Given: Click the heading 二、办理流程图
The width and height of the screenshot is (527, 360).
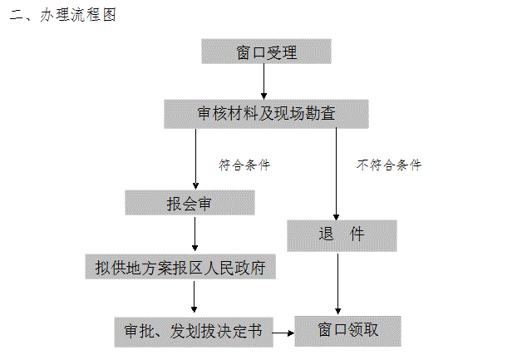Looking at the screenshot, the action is click(63, 15).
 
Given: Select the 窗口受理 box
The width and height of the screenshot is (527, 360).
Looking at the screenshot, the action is click(266, 52).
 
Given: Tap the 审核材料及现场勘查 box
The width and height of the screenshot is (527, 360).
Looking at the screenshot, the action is click(266, 114).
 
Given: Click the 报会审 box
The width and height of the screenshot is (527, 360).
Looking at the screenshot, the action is click(190, 203).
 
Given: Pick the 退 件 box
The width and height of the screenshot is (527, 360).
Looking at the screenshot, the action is click(342, 235).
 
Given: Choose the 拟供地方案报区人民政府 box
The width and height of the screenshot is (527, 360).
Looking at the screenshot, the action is click(180, 267).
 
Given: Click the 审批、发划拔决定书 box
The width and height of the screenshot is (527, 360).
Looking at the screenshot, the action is click(194, 332).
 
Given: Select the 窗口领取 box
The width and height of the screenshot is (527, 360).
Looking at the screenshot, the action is click(347, 331).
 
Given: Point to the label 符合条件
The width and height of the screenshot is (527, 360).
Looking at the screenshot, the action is click(244, 165).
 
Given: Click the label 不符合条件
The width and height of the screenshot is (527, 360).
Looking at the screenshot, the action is click(389, 165).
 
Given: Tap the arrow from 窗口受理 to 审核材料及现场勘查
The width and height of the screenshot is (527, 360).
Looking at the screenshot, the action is click(263, 81).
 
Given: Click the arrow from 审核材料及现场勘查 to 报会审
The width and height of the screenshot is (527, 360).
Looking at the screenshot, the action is click(195, 159).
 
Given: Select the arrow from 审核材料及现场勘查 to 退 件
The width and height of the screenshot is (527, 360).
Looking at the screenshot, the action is click(336, 174).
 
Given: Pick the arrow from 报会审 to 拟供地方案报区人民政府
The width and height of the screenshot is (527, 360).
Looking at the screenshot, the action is click(195, 234).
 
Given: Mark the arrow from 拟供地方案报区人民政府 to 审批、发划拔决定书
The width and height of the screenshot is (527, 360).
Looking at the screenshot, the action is click(194, 297).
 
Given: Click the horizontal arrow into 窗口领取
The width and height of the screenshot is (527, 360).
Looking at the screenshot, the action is click(283, 333).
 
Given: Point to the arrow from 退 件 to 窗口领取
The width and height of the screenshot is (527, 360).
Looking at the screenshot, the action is click(337, 284).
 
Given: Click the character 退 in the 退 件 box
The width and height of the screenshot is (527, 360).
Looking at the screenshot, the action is click(326, 234).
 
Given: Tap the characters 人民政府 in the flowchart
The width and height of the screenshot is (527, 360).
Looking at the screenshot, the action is click(234, 268).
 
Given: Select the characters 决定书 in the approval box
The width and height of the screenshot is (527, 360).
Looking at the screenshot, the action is click(239, 331).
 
